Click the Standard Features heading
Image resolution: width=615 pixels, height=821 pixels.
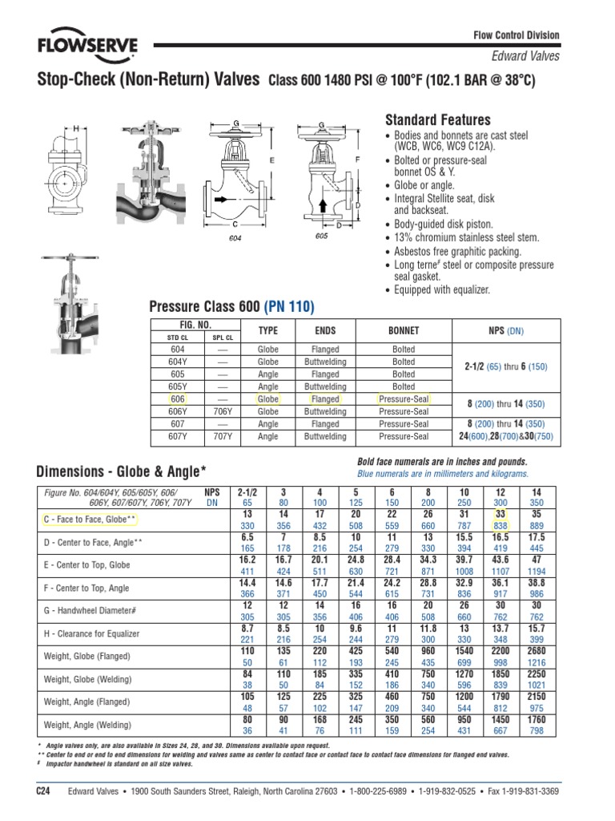(x=438, y=119)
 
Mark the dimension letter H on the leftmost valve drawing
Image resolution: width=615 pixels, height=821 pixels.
(x=76, y=128)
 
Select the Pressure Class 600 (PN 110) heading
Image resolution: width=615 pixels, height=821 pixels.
(x=232, y=307)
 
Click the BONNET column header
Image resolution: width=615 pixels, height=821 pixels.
(x=404, y=330)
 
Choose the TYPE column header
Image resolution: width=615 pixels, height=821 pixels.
(x=267, y=330)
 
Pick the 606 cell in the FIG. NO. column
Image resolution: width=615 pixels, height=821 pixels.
(x=178, y=398)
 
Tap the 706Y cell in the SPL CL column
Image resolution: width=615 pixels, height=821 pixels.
(x=224, y=411)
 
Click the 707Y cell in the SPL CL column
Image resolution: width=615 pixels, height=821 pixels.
(x=224, y=437)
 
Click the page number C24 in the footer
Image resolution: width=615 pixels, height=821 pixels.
(x=45, y=791)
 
